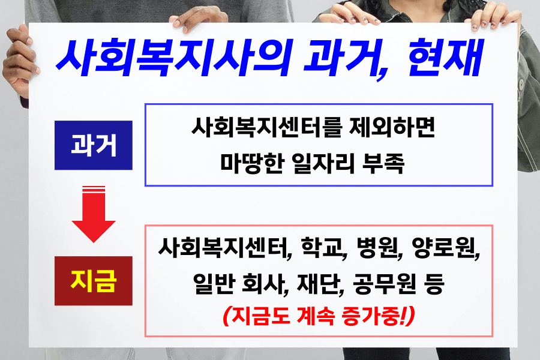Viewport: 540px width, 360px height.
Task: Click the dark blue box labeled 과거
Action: pyautogui.click(x=94, y=145)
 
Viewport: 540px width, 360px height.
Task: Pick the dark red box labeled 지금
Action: pyautogui.click(x=94, y=281)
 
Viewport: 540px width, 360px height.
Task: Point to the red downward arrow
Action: pyautogui.click(x=94, y=214)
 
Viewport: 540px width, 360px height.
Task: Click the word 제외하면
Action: pyautogui.click(x=392, y=127)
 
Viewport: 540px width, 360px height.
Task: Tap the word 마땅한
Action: pyautogui.click(x=252, y=163)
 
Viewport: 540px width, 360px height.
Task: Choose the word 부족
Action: pyautogui.click(x=383, y=163)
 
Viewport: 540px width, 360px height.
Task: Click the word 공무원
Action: pyautogui.click(x=383, y=284)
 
